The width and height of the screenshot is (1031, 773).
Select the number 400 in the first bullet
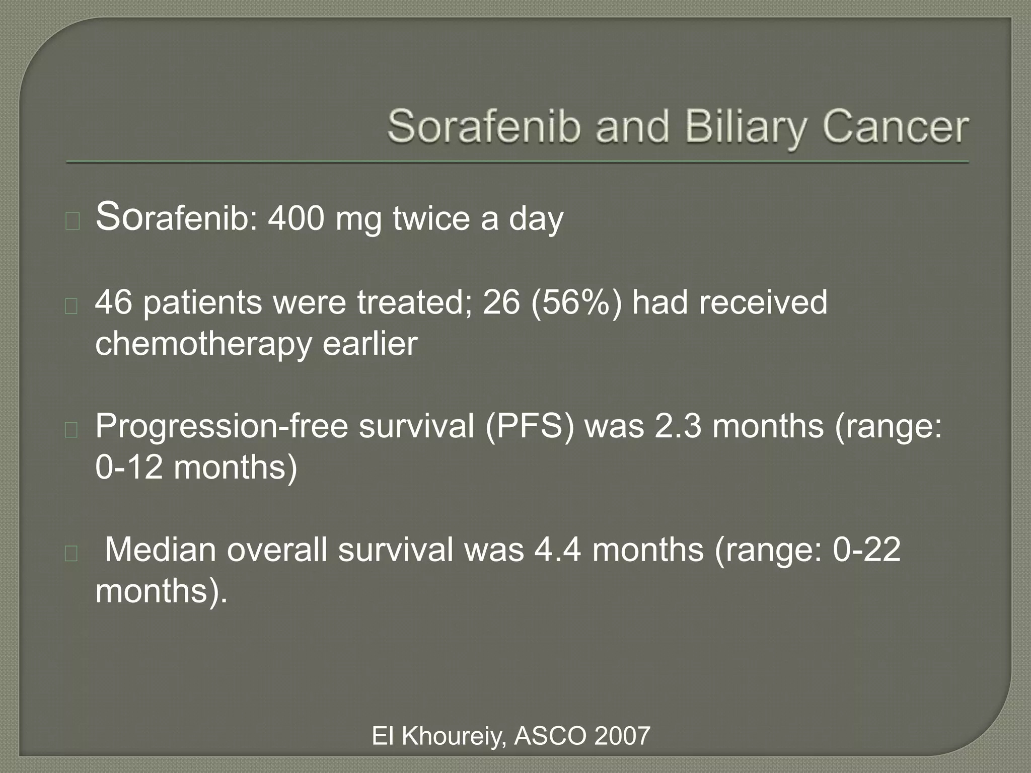pos(296,219)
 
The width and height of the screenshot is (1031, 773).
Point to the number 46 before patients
pos(114,302)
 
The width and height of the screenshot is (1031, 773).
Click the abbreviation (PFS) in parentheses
pos(530,426)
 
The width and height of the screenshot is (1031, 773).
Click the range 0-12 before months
pos(129,468)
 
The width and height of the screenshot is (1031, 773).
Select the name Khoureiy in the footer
pos(454,737)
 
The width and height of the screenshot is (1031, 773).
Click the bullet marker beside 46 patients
pos(71,305)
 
